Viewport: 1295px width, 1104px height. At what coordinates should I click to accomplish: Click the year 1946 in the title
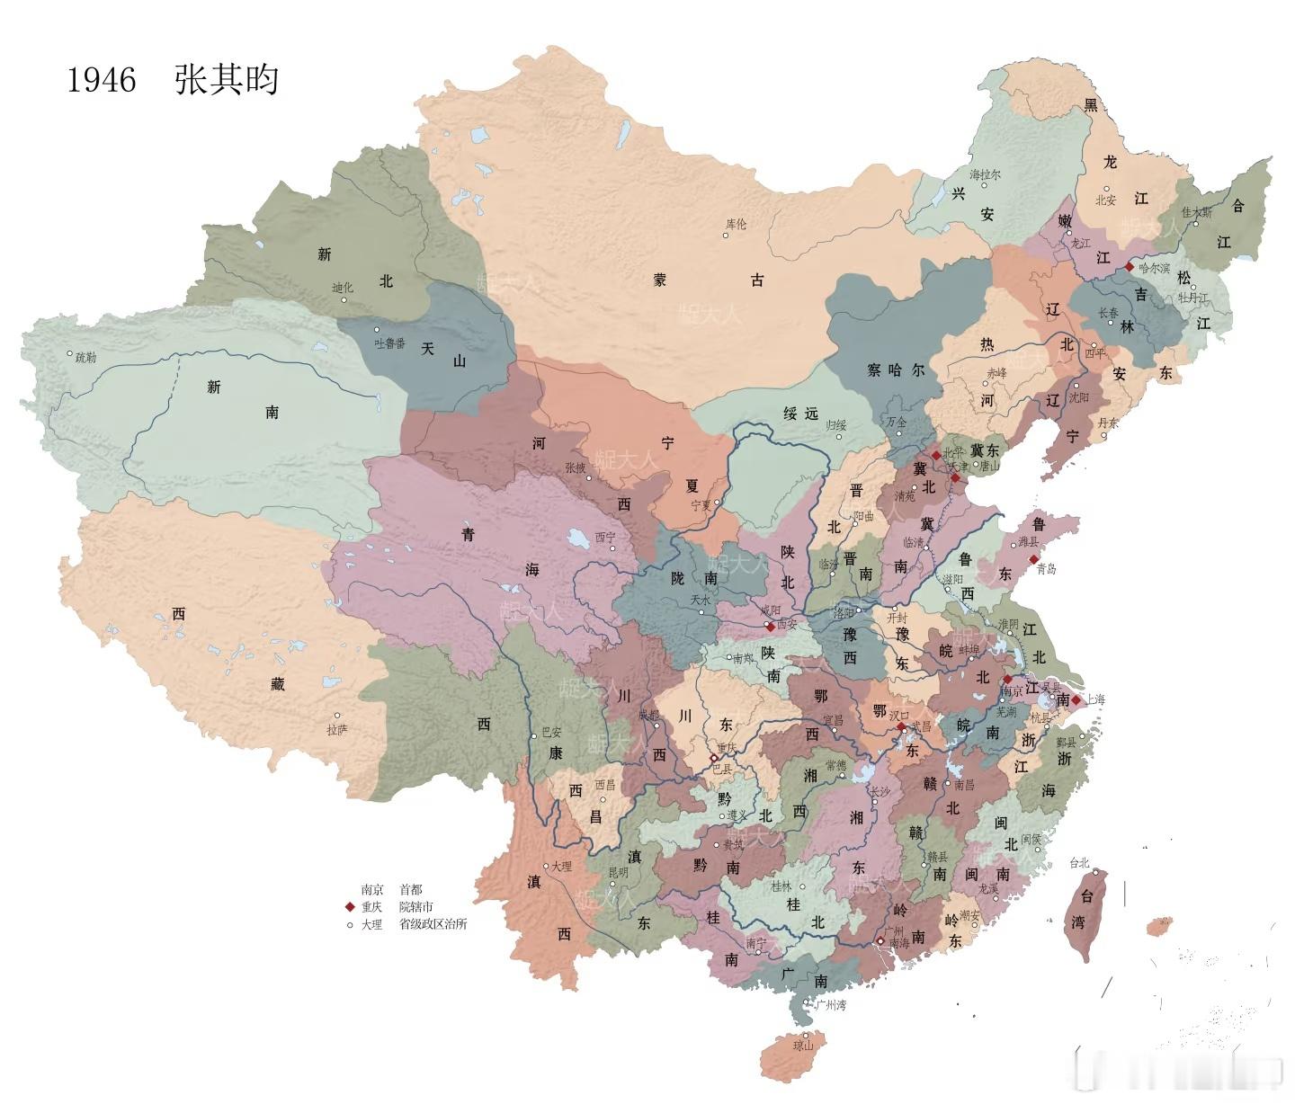point(102,81)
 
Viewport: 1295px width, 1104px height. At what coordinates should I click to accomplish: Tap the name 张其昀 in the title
point(227,81)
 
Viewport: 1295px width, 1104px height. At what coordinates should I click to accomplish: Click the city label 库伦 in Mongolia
point(736,225)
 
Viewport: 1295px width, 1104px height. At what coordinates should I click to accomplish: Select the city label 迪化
point(343,289)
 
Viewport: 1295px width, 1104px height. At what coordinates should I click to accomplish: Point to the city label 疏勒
point(85,358)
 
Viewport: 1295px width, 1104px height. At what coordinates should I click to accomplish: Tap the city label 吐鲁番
point(391,343)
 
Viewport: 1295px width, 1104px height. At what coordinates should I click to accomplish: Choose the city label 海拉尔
point(985,174)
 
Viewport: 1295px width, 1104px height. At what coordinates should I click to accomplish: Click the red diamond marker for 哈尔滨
point(1130,267)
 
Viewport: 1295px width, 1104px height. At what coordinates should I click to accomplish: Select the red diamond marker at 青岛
point(1034,559)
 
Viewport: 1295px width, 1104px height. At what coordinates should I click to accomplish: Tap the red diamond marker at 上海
point(1076,699)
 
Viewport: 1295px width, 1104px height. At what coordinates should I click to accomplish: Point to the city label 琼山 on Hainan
point(802,1046)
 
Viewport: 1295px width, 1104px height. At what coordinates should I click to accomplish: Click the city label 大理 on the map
point(561,867)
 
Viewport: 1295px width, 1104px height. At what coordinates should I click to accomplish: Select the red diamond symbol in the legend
point(350,907)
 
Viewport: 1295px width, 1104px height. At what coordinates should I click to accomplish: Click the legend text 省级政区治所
point(433,924)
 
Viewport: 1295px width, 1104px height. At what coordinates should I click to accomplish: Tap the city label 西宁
point(605,538)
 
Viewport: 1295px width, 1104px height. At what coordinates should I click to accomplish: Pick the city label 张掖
point(576,467)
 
